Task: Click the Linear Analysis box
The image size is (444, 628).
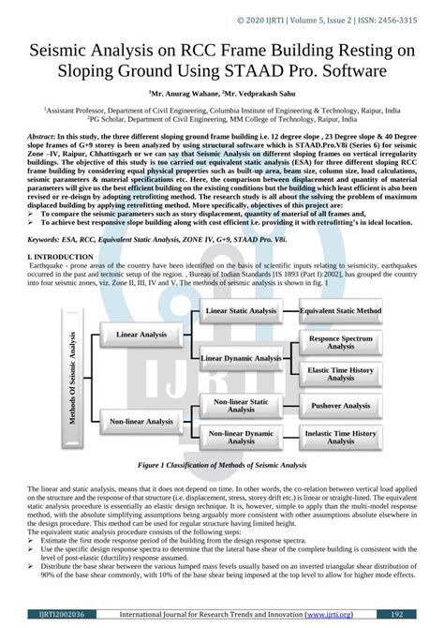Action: coord(141,335)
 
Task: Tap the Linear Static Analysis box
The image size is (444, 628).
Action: coord(241,310)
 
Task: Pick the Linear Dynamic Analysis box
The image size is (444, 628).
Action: coord(241,358)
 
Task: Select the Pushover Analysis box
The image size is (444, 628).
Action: coord(341,406)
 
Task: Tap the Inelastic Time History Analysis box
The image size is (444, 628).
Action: coord(341,438)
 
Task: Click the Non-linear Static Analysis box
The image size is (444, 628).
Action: coord(241,406)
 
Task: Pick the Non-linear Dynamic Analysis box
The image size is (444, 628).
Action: coord(241,438)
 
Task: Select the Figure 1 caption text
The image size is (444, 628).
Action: coord(222,465)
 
